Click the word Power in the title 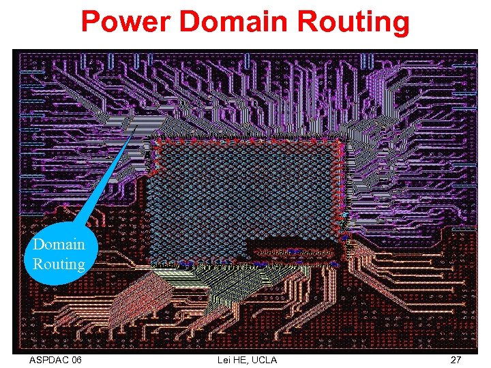coord(126,22)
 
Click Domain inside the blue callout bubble coord(59,245)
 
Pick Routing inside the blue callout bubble coord(59,264)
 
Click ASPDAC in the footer coord(50,359)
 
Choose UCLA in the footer coord(264,359)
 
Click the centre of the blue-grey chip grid coord(245,201)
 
